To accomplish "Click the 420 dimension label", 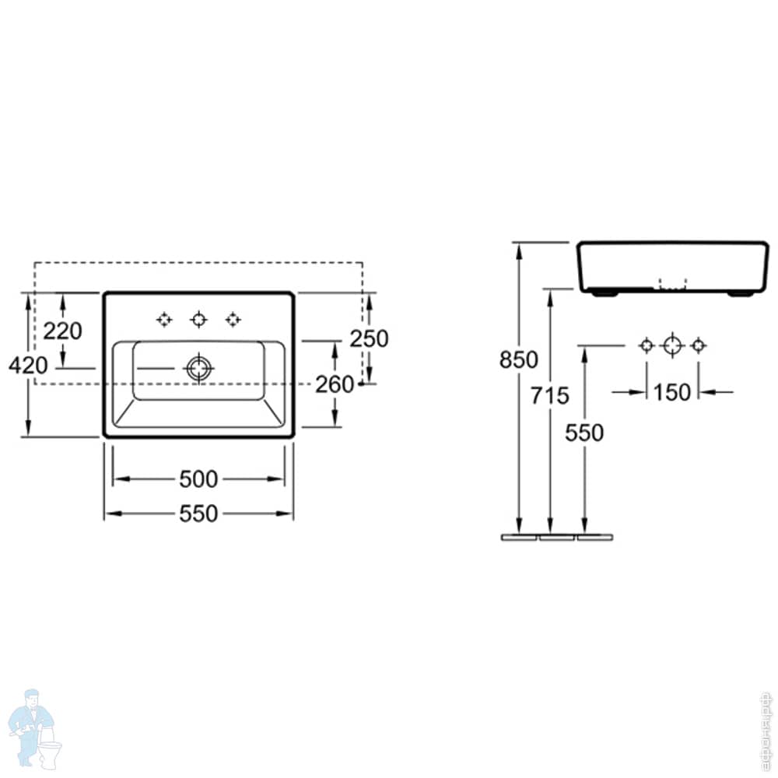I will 28,364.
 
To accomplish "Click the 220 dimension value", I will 62,331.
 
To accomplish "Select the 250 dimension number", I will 369,338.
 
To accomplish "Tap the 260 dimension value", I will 335,384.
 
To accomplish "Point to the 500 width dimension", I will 198,480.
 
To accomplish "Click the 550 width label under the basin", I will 198,513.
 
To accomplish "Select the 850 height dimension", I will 519,360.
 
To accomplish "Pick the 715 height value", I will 550,396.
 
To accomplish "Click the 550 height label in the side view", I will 584,433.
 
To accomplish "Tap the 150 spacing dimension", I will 672,392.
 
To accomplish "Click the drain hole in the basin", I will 198,368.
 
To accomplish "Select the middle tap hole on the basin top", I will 198,319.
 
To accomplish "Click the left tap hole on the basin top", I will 163,319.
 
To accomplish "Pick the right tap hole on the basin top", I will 233,319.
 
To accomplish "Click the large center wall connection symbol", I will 672,345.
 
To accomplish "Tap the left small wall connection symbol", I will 647,345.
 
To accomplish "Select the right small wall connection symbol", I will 698,345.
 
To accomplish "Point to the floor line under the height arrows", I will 556,537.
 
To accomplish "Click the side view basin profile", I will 672,267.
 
